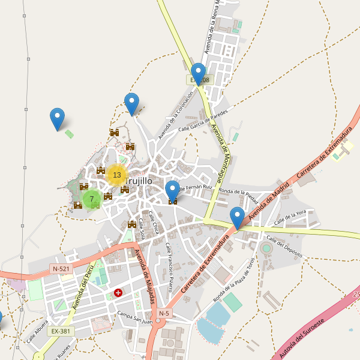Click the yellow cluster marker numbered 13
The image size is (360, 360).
click(116, 175)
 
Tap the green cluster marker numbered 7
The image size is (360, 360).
click(92, 199)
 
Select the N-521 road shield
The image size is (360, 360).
click(61, 269)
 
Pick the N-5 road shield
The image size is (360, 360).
click(164, 313)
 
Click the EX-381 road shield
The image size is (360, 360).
click(61, 331)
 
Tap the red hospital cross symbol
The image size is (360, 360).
click(118, 293)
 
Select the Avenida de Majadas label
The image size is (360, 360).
click(145, 276)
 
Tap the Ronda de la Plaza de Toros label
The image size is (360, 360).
click(235, 280)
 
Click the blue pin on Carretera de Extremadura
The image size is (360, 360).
click(237, 218)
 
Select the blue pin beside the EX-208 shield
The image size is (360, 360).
click(198, 74)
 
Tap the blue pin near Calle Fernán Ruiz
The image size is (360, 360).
click(172, 191)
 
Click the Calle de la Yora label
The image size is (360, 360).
click(290, 217)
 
